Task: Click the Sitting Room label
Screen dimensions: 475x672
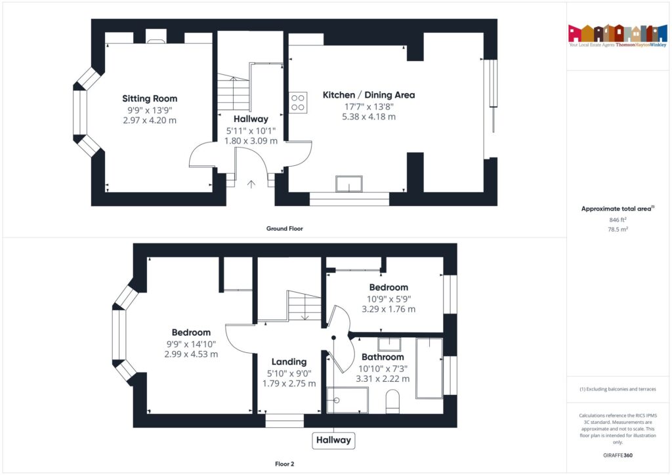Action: tap(150, 98)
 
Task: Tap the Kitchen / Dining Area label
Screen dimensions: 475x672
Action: tap(368, 95)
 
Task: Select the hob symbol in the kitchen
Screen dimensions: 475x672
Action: tap(297, 102)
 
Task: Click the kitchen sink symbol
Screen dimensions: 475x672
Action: tap(349, 184)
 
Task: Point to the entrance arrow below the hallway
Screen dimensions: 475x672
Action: tap(251, 184)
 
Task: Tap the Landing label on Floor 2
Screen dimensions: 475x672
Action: tap(289, 361)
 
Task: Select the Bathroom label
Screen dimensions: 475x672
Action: tap(382, 357)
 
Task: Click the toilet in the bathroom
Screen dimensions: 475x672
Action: tap(393, 401)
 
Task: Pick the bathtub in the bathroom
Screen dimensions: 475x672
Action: tap(430, 367)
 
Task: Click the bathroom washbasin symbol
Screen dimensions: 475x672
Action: tap(389, 344)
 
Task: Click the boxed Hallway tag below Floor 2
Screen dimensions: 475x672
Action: tap(333, 440)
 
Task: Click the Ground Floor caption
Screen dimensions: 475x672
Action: tap(284, 229)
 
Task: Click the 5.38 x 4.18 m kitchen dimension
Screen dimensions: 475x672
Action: tap(368, 117)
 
